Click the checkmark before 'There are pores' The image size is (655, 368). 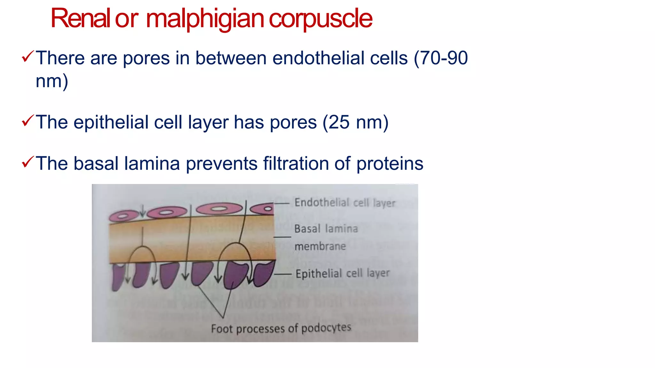28,57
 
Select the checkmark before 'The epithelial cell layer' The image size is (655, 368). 28,121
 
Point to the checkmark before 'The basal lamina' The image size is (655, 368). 28,162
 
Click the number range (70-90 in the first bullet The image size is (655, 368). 441,58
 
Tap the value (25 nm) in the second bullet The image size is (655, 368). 355,122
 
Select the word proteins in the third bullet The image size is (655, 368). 390,164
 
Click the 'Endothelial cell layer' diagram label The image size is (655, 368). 345,203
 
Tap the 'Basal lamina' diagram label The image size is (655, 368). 326,229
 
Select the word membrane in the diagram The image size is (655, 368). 320,246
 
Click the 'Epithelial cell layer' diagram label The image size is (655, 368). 342,273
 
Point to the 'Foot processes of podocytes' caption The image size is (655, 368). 281,328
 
